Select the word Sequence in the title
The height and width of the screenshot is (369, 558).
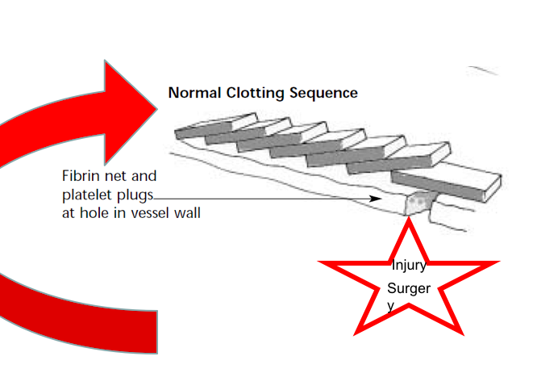pyautogui.click(x=321, y=93)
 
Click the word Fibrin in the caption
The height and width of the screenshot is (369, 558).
pyautogui.click(x=81, y=175)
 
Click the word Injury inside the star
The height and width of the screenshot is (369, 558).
pyautogui.click(x=408, y=266)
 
